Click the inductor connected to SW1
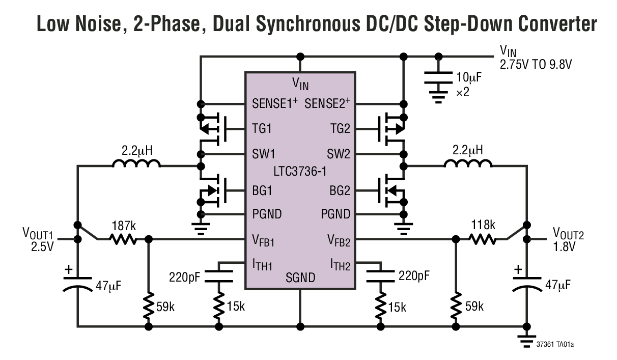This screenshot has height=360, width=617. coord(136,163)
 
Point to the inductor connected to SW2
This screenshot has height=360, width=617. coord(468,163)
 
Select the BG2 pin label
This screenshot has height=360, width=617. coord(340,191)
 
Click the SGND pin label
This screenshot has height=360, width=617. coord(300,278)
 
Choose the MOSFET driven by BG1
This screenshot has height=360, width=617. coord(211,191)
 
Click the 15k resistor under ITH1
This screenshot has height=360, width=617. coord(219,306)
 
